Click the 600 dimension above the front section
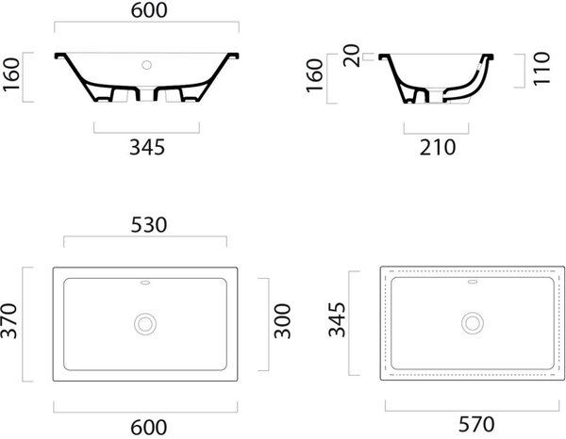coord(149,10)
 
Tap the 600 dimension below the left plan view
coord(149,428)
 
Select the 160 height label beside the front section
coord(11,74)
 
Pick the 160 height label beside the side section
coord(314,75)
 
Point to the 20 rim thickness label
coord(352,56)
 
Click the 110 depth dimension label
coord(541,69)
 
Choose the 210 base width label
coord(438,148)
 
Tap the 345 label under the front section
coord(147,147)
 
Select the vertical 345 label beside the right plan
coord(337,319)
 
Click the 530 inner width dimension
coord(149,225)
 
